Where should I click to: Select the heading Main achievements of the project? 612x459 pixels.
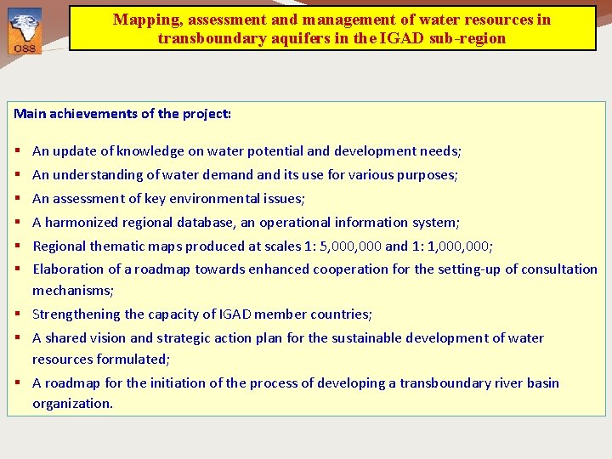tap(122, 113)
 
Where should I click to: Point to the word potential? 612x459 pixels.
tap(273, 151)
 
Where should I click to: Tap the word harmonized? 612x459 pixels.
tap(82, 223)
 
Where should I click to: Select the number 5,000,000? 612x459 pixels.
tap(348, 246)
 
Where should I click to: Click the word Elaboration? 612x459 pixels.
tap(69, 269)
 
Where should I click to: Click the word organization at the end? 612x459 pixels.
tap(71, 404)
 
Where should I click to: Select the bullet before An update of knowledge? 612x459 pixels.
tap(18, 151)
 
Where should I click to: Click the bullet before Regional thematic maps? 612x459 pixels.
tap(18, 246)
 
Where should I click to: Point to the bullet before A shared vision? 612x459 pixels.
tap(18, 338)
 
